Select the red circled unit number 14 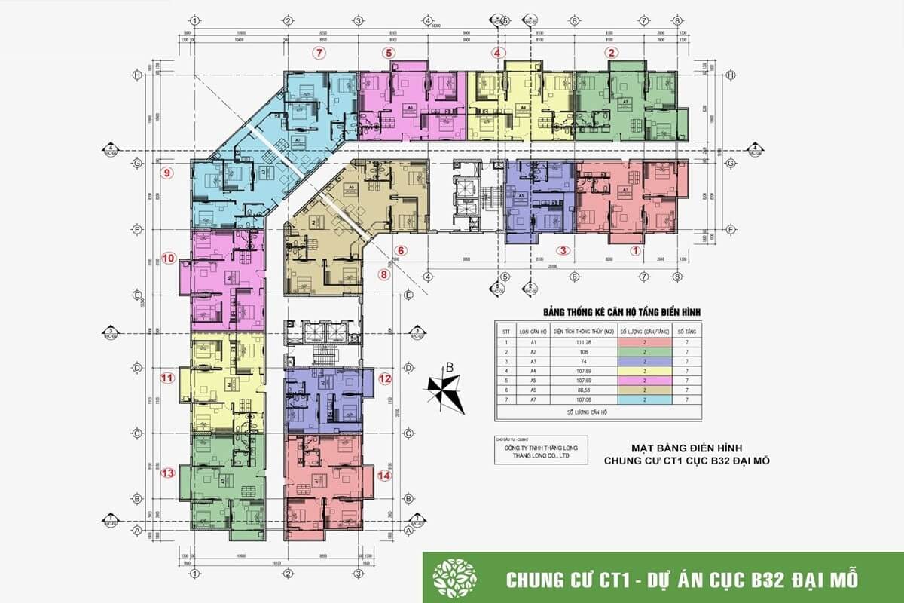[x=385, y=476]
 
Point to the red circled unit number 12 [x=385, y=379]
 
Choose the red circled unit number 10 [x=168, y=259]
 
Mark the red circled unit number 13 [x=168, y=473]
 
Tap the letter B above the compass [x=449, y=368]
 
